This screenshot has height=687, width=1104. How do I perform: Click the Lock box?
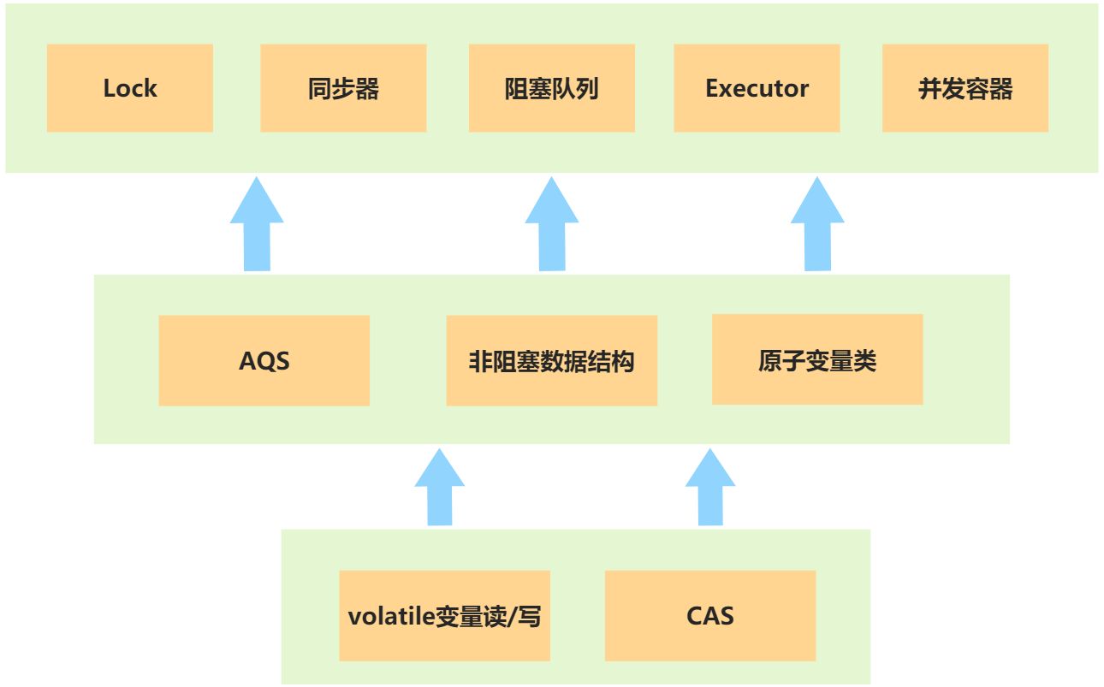tap(129, 88)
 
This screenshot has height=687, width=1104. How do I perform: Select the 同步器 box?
tap(343, 88)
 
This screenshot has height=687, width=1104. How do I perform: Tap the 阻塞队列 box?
tap(551, 88)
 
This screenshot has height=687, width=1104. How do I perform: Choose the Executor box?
tap(757, 88)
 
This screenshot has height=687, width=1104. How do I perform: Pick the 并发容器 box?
tap(965, 88)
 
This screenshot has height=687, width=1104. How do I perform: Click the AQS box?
tap(264, 361)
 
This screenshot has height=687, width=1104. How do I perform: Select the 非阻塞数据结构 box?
tap(551, 361)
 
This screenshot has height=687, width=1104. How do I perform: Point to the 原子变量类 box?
tap(817, 360)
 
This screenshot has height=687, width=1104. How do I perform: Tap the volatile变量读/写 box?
tap(444, 616)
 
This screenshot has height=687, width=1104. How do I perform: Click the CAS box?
tap(710, 616)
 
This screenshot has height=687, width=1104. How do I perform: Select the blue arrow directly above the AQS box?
tap(257, 224)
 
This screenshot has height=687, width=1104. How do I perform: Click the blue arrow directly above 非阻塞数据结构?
tap(551, 224)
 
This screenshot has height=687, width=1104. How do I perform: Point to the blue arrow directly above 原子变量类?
tap(817, 224)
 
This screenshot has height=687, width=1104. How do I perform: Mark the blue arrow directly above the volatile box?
tap(440, 488)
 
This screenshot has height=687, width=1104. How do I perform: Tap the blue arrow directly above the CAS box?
tap(710, 488)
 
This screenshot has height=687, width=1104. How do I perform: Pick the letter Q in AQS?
tap(264, 361)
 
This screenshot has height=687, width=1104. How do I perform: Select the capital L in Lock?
tap(110, 88)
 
